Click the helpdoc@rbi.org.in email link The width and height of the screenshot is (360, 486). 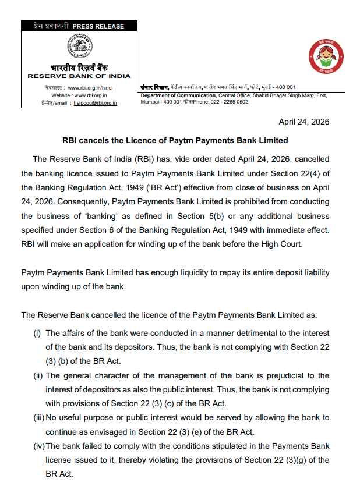(x=96, y=103)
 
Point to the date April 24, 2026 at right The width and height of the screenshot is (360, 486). (x=304, y=122)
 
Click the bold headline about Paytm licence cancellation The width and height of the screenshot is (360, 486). (x=175, y=140)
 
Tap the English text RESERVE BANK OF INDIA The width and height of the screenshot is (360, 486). (x=79, y=76)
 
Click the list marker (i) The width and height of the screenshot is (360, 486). (x=37, y=333)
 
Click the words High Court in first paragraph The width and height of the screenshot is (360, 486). (x=283, y=244)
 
